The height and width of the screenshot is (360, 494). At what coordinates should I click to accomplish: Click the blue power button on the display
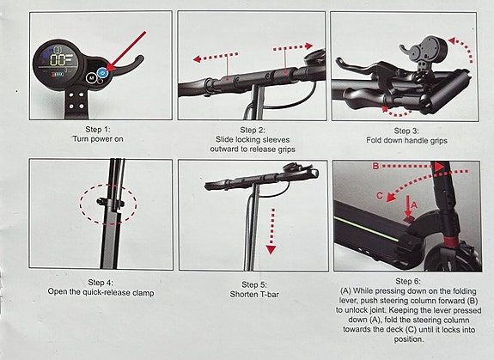coord(103,74)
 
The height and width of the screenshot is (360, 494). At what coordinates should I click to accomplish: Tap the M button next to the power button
coord(91,77)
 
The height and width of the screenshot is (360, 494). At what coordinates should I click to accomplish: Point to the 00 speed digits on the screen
coord(59,61)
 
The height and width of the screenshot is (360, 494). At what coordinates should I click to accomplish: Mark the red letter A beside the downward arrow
coord(412,204)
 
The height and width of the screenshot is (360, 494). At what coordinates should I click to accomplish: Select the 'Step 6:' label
coord(411,281)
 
